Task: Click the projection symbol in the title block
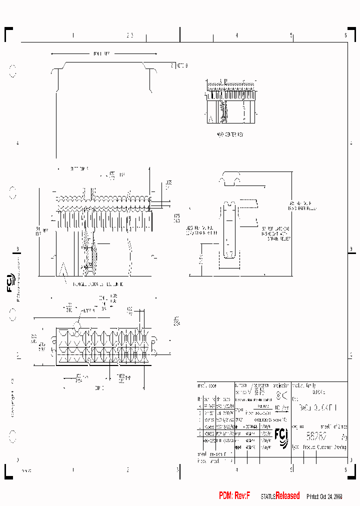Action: coord(281,396)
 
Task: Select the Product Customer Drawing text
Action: coord(325,447)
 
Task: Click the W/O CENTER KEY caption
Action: coord(229,134)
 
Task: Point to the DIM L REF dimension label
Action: coord(102,53)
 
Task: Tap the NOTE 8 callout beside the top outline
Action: coord(179,65)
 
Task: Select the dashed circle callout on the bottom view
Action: coord(77,325)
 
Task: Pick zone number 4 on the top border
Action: coord(236,35)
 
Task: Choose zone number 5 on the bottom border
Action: coord(291,469)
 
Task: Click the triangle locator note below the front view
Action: coord(95,283)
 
